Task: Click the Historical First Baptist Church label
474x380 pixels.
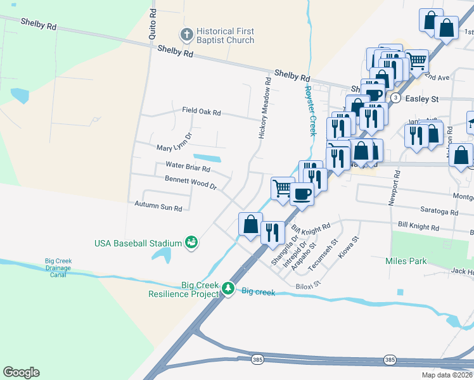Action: click(x=224, y=35)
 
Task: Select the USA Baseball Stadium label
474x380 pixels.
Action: click(x=138, y=243)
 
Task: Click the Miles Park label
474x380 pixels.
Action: click(x=406, y=261)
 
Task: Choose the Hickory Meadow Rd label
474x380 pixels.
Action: click(x=266, y=110)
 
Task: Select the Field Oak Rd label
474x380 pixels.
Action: click(x=201, y=112)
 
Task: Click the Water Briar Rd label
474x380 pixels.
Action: click(x=188, y=167)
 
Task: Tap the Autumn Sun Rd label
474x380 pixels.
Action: click(x=158, y=206)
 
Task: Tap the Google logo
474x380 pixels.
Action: click(x=21, y=372)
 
